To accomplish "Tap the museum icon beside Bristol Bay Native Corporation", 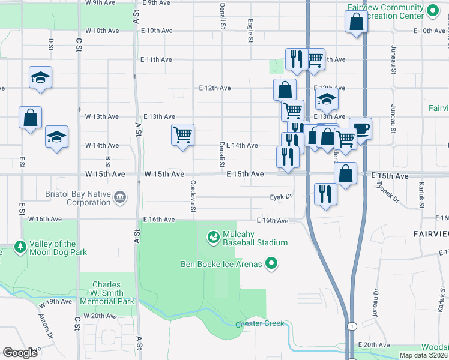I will (x=120, y=197).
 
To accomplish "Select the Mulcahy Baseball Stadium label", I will (x=255, y=238).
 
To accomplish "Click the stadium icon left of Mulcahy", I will (x=213, y=238).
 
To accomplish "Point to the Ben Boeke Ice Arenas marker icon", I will (x=271, y=263).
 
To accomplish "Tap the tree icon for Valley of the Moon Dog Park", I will (x=20, y=247).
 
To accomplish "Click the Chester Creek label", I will (x=259, y=324).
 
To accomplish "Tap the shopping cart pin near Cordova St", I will (x=182, y=134).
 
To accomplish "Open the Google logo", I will (x=20, y=352).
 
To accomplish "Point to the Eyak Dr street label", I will (x=280, y=196).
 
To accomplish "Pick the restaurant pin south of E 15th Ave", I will (x=325, y=194).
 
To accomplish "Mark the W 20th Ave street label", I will (x=100, y=316).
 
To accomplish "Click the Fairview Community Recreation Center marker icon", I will (x=432, y=10).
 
